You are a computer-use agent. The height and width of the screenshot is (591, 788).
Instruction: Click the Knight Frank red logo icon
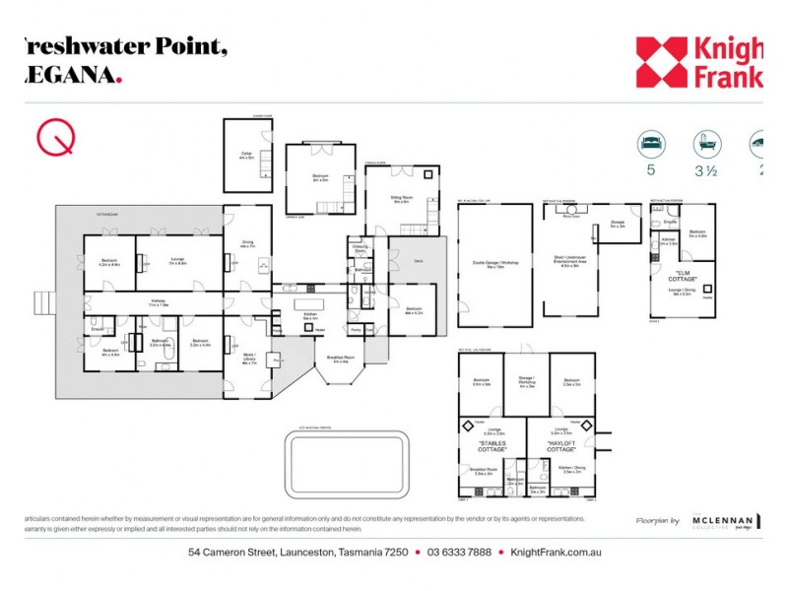click(x=662, y=62)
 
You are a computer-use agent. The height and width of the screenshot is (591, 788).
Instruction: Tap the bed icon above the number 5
click(x=650, y=144)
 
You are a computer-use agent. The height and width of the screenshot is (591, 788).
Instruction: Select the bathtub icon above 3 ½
click(x=705, y=144)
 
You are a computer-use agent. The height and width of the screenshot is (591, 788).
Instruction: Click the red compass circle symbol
click(x=56, y=138)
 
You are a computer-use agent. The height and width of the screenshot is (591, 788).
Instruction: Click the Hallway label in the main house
click(x=158, y=303)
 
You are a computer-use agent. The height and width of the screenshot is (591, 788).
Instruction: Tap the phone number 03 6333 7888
click(x=459, y=553)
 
